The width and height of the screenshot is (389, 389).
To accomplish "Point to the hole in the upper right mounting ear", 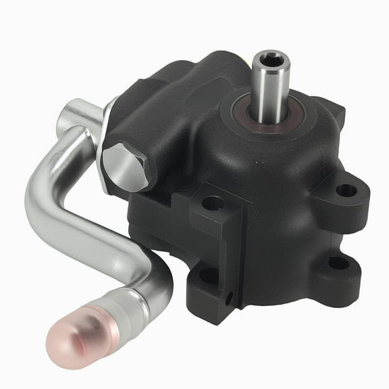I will pyautogui.click(x=346, y=190).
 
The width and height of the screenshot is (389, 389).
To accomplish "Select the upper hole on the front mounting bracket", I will pyautogui.click(x=213, y=203).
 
